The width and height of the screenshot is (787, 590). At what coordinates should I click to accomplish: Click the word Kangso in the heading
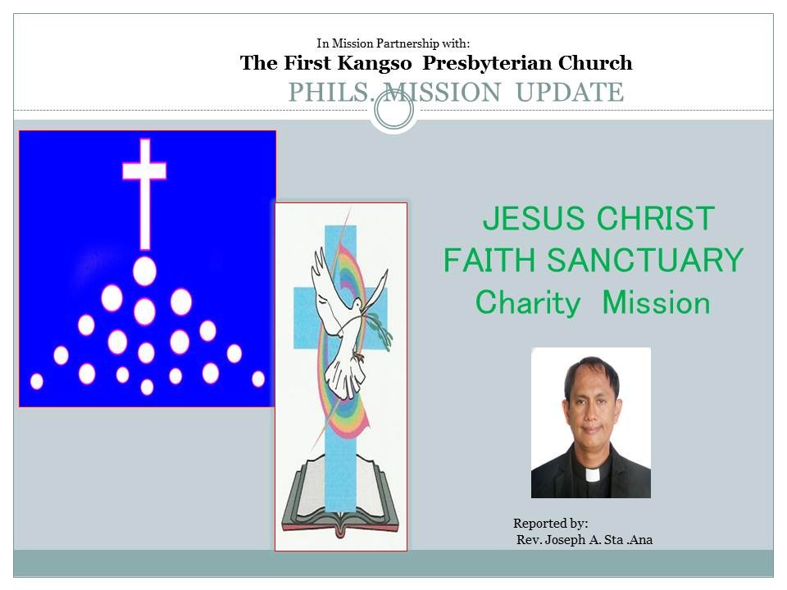point(375,64)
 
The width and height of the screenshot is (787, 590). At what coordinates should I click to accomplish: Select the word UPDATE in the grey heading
point(570,93)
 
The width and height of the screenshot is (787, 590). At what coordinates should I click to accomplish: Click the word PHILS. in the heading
point(330,93)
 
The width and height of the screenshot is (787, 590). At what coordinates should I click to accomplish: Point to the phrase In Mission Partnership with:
point(393,43)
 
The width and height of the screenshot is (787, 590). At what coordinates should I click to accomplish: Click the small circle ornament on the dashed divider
point(394,111)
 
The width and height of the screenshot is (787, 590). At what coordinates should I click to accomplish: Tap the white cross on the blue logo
point(144,193)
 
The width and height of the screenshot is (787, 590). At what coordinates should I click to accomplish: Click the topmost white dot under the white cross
point(144,271)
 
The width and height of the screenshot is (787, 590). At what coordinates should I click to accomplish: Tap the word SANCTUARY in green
point(644,261)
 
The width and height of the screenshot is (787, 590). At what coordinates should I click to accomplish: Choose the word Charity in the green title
point(527,303)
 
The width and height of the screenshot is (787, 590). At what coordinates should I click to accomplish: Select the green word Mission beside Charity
point(656,303)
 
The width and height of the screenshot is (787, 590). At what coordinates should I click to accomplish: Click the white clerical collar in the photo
point(593,474)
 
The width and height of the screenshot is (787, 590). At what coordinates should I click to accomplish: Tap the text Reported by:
point(551,524)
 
